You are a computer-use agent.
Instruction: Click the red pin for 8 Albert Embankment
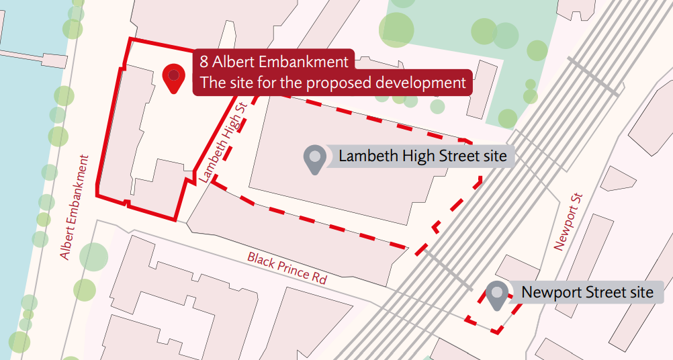(175, 77)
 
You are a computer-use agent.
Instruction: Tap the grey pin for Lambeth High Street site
(314, 159)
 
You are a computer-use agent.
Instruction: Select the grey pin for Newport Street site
(497, 294)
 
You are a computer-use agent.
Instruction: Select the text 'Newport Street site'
(587, 293)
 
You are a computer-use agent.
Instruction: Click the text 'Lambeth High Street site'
(422, 157)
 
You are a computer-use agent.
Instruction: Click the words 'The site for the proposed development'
(332, 83)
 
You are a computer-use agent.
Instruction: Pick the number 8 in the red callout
(204, 62)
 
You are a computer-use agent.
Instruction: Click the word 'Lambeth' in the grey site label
(365, 157)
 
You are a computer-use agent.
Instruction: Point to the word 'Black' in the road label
(261, 260)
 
